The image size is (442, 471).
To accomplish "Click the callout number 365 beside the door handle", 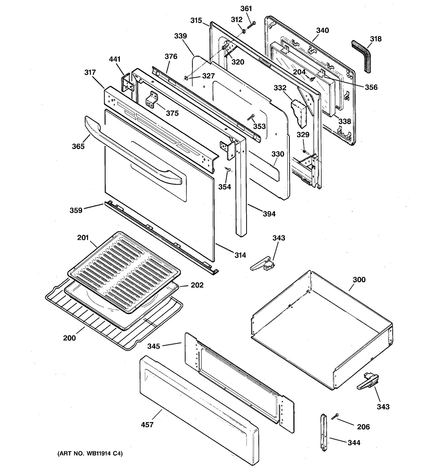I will (78, 146).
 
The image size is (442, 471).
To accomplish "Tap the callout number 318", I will (376, 39).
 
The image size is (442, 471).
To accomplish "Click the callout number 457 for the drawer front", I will (147, 424).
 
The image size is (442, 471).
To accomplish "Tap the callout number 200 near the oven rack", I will (69, 338).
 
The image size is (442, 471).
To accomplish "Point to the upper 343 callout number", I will (279, 238).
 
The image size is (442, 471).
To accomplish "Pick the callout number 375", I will (172, 113).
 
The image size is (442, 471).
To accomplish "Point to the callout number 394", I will (269, 214).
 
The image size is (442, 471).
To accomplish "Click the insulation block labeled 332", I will (299, 113).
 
